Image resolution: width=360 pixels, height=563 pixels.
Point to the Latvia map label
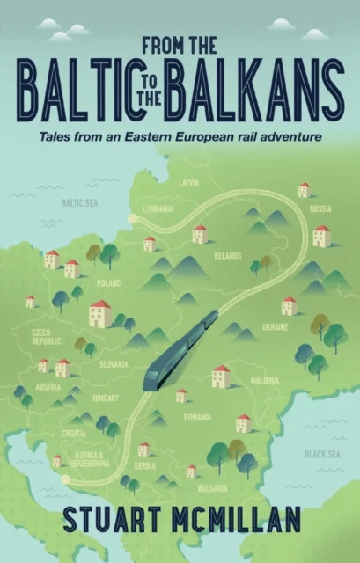188,183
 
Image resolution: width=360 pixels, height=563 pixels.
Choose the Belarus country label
227,255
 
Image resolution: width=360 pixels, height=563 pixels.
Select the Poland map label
109,285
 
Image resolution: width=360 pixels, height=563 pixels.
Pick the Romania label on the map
198,417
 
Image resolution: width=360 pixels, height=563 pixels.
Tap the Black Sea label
318,455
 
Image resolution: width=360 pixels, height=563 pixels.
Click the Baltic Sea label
78,201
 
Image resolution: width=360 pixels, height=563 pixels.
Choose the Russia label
320,208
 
